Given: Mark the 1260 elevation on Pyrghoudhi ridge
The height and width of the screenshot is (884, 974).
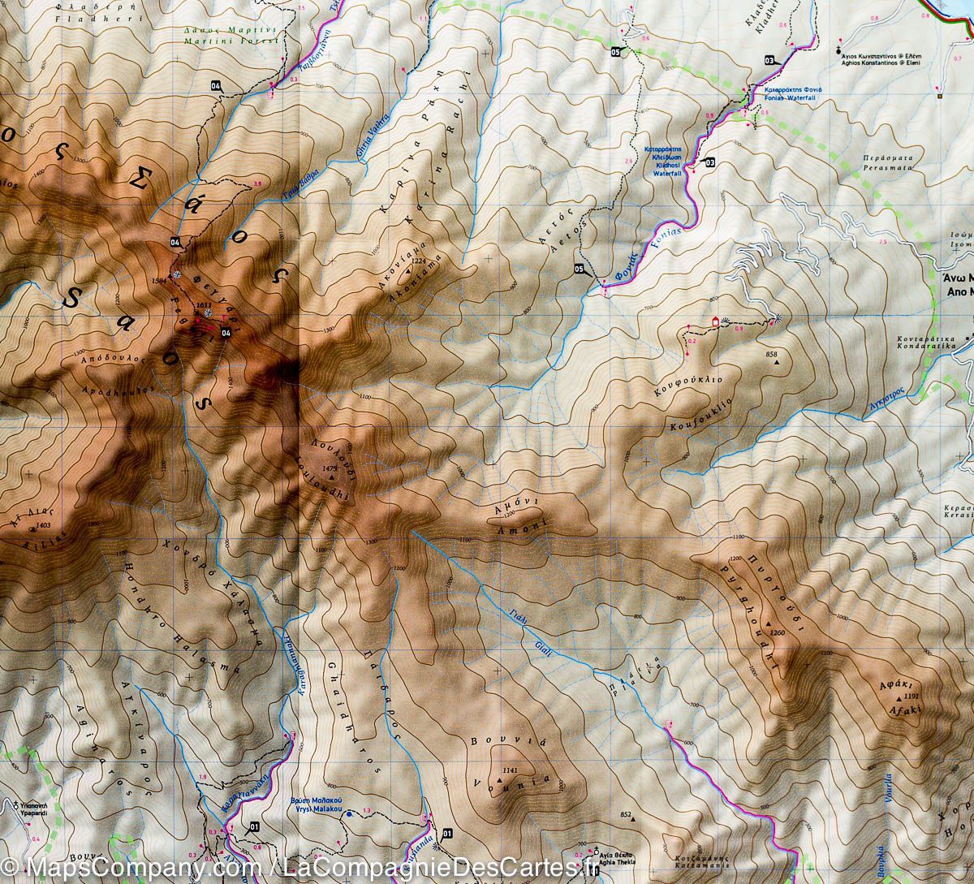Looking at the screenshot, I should pos(778,633).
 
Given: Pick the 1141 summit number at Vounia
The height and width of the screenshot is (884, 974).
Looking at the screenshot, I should pos(510,770).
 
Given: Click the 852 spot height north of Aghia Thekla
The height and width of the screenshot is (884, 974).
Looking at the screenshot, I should pos(625,814).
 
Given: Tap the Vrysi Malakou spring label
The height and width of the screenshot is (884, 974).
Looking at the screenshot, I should pos(317,804).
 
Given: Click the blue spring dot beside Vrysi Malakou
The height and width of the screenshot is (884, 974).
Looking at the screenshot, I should pos(349,813).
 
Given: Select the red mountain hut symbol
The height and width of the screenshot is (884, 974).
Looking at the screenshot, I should pos(715,321).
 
